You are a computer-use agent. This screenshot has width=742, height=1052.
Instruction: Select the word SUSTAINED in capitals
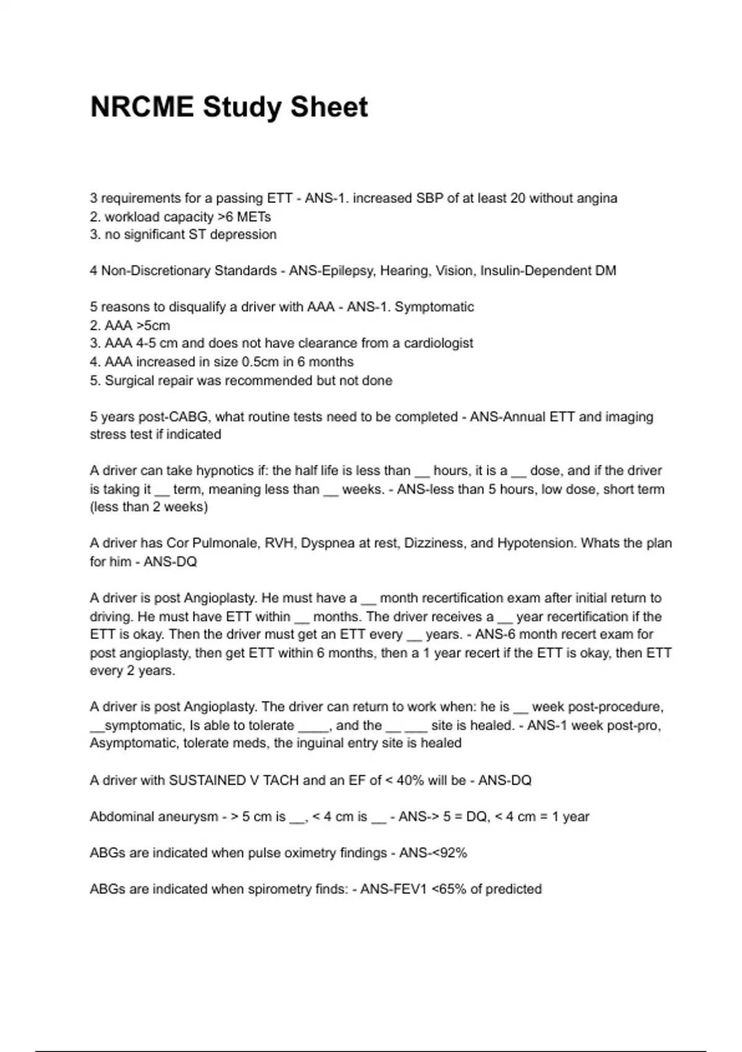pyautogui.click(x=207, y=780)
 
